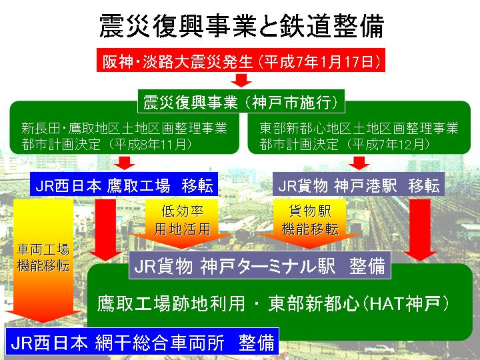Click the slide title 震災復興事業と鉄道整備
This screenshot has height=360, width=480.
click(x=241, y=26)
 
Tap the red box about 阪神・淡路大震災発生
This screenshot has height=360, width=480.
click(x=241, y=60)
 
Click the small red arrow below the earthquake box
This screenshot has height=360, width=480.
click(x=241, y=80)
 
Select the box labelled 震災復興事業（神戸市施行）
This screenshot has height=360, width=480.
click(x=241, y=101)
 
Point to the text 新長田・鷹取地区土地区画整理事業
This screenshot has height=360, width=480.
click(x=124, y=128)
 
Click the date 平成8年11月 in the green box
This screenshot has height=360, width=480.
click(x=149, y=144)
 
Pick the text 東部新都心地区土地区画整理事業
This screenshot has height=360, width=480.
click(x=359, y=128)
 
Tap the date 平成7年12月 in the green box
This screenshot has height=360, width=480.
click(x=387, y=144)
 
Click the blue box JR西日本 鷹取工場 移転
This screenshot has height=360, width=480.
click(x=124, y=184)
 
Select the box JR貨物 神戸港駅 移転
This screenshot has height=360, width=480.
click(x=359, y=184)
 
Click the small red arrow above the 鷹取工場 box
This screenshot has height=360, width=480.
click(x=125, y=163)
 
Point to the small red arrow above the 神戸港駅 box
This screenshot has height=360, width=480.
click(x=359, y=163)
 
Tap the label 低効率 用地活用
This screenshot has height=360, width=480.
click(x=183, y=220)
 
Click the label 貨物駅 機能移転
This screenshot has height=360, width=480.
click(x=310, y=220)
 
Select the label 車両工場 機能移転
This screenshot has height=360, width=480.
click(x=43, y=257)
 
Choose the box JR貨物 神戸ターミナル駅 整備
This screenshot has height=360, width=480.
click(x=260, y=265)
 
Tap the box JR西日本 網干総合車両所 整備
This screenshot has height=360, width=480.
click(x=143, y=341)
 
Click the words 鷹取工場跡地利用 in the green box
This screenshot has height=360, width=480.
click(x=171, y=303)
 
